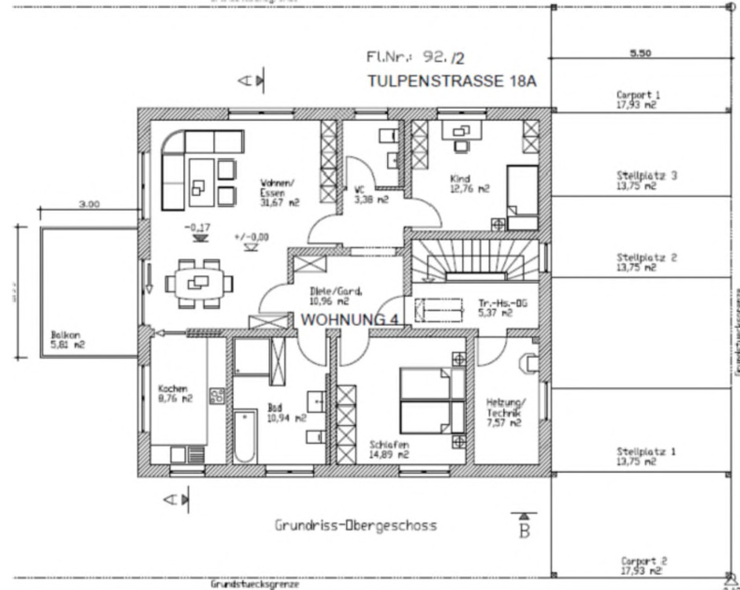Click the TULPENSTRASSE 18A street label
coord(452,80)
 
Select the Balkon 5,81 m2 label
coord(68,338)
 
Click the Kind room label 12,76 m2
coord(469,183)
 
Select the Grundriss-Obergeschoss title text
coord(355,525)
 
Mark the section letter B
coord(524,531)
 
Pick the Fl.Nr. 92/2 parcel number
coord(415,57)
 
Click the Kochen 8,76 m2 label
coord(175,393)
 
